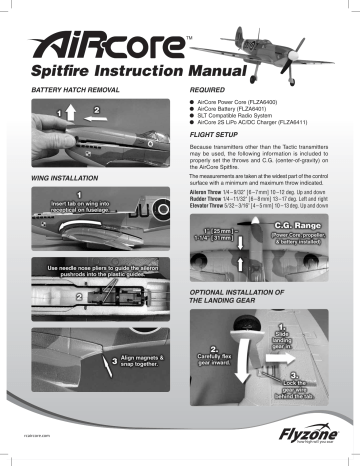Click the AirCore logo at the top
pyautogui.click(x=110, y=44)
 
